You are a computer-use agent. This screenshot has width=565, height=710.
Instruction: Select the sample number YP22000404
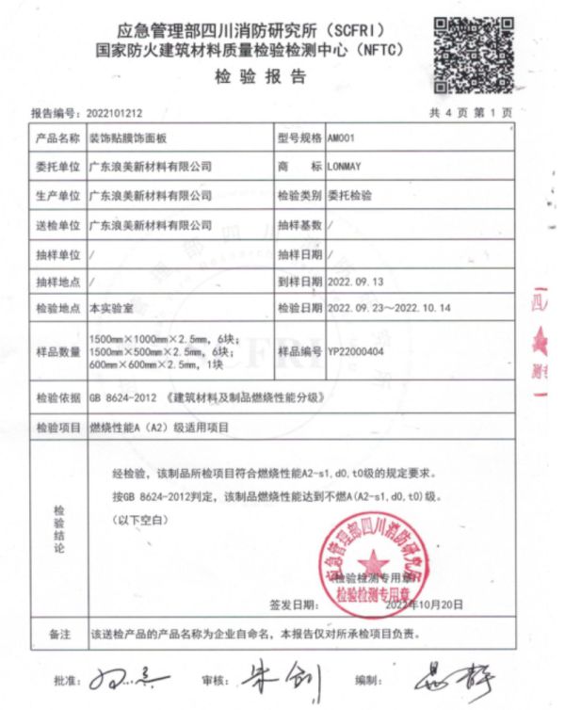coord(362,350)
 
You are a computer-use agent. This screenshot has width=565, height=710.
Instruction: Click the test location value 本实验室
coord(111,309)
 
